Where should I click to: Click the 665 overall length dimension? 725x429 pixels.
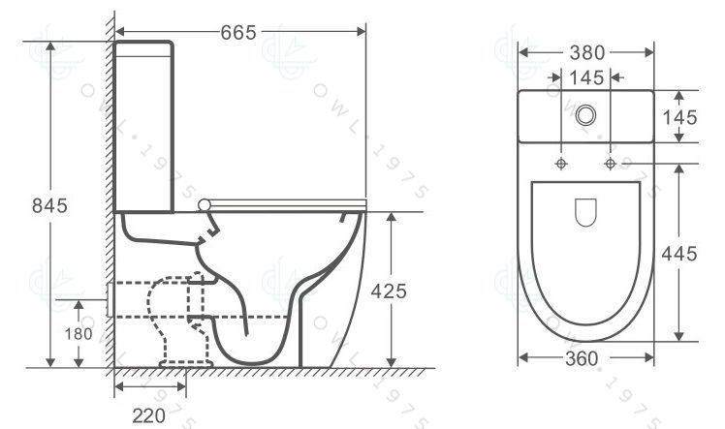(x=238, y=32)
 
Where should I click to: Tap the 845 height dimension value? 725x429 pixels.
(x=50, y=205)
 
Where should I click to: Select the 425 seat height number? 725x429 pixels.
(x=389, y=291)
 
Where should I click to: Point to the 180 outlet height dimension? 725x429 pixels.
(x=79, y=333)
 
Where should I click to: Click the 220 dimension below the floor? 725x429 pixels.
(x=149, y=415)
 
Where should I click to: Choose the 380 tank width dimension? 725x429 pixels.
(x=587, y=52)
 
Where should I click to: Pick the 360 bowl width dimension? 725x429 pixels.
(x=582, y=358)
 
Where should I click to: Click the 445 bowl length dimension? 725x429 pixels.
(x=679, y=254)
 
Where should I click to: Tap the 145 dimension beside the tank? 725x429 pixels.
(x=680, y=117)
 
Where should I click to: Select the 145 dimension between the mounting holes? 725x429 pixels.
(x=586, y=77)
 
